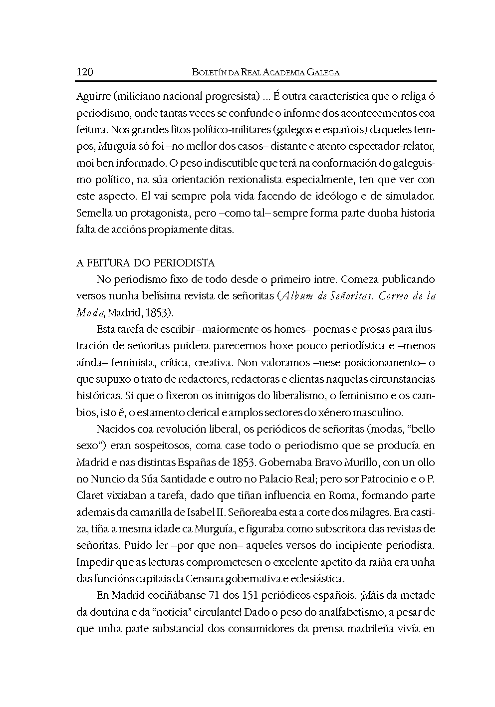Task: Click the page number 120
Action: coord(85,72)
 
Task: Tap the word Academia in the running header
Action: coord(281,73)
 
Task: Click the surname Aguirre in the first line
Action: coord(93,96)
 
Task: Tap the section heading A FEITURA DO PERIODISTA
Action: coord(145,263)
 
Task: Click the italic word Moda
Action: coord(90,313)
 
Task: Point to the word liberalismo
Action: coord(303,396)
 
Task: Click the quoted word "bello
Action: coord(420,429)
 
